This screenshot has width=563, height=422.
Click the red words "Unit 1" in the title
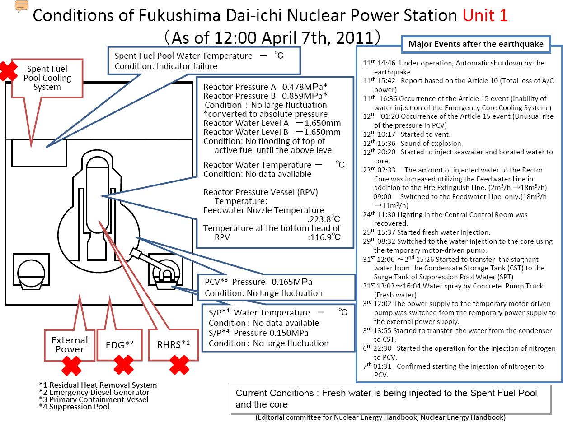(485, 15)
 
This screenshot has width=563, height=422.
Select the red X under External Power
(71, 366)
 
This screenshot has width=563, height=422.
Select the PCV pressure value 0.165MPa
(291, 282)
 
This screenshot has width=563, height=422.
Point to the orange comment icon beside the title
(22, 6)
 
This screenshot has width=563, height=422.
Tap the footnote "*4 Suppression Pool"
(74, 407)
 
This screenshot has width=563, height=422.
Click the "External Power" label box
(70, 344)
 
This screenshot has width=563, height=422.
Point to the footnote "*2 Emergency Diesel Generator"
(94, 392)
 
